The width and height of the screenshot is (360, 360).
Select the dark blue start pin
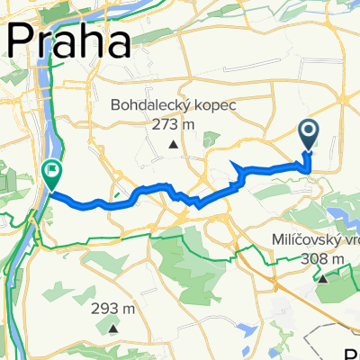point(309,136)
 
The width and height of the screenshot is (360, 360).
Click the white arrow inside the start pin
point(309,133)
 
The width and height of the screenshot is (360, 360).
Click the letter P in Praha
point(22,41)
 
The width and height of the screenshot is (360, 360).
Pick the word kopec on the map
point(214,105)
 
